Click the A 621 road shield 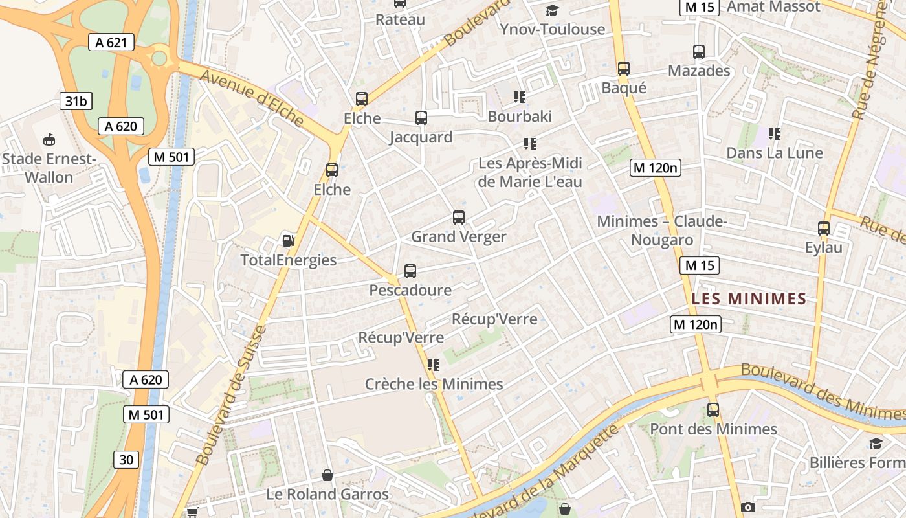[x=111, y=43]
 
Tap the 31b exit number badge [x=75, y=101]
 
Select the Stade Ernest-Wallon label [x=49, y=168]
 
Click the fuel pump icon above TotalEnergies [x=288, y=241]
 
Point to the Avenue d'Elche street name [x=252, y=97]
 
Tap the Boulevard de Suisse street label [x=231, y=396]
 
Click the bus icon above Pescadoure [x=410, y=271]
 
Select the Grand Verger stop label [x=459, y=237]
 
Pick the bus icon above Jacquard [x=421, y=118]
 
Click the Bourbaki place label [x=520, y=117]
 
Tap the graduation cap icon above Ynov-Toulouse [x=552, y=10]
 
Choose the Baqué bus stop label [x=624, y=87]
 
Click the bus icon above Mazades [x=699, y=52]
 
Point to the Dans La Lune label [x=775, y=153]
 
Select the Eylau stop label [x=824, y=247]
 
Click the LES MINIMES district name [x=749, y=299]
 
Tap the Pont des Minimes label [x=713, y=429]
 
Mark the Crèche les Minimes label [x=434, y=385]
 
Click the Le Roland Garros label [x=327, y=495]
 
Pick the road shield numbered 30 [x=126, y=460]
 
